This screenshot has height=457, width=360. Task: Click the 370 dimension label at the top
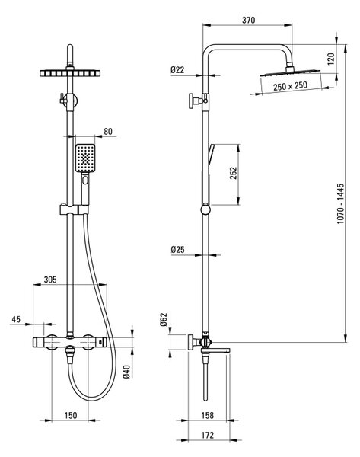tap(248, 20)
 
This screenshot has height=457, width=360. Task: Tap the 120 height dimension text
tap(331, 59)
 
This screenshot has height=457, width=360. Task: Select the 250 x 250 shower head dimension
tap(290, 86)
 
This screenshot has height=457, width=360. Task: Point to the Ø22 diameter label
tap(177, 70)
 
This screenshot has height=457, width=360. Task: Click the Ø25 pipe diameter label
tap(177, 250)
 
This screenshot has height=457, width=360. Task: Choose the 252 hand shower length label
tap(234, 173)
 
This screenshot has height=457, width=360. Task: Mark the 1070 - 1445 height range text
tap(340, 203)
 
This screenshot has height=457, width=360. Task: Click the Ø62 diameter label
tap(164, 319)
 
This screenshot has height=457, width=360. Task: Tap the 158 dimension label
tap(207, 415)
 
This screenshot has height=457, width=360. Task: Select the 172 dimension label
tap(207, 435)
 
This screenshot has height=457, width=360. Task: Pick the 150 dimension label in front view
tap(71, 415)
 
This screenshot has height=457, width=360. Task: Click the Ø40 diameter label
tap(126, 372)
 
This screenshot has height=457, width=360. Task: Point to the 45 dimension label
tap(16, 319)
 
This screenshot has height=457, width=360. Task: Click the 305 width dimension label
tap(50, 280)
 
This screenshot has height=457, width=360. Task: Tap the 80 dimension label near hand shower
tap(108, 132)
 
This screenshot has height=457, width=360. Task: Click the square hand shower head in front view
tap(85, 158)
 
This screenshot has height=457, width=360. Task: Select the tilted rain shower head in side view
tap(290, 72)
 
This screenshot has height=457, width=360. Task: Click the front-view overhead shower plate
tap(70, 73)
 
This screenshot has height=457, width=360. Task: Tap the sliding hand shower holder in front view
tap(74, 209)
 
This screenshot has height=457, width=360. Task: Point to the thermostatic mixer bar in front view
tap(70, 342)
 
